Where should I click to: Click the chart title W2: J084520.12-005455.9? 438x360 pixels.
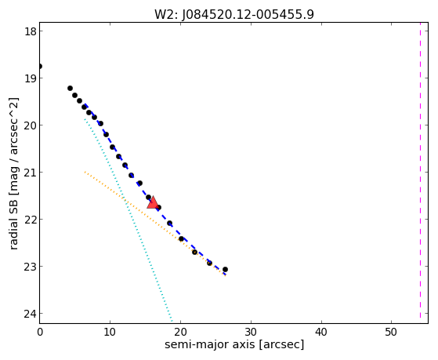pos(234,15)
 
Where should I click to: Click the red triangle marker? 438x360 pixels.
pos(153,202)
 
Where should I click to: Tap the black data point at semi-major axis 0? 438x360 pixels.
pos(40,67)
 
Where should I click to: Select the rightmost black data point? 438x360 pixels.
pos(225,269)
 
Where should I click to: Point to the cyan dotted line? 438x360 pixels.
pos(129,220)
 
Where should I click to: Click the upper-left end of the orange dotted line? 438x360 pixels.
pos(85,172)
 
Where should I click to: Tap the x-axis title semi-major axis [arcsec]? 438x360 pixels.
pos(234,344)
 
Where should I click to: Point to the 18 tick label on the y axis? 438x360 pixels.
pos(31,31)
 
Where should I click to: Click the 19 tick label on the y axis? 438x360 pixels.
pos(31,78)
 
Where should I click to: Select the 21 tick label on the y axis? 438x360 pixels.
pos(31,172)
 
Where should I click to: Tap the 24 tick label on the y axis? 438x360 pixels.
pos(31,314)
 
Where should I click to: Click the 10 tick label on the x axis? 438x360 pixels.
pos(110,333)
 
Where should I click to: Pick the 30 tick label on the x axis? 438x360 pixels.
pos(251,333)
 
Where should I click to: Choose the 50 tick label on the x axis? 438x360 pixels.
pos(391,333)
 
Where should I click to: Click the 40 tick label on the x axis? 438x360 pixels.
pos(321,333)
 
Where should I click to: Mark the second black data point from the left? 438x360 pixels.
pos(70,89)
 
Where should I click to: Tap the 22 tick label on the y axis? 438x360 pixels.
pos(31,220)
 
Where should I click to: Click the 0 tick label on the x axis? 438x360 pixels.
pos(40,333)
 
